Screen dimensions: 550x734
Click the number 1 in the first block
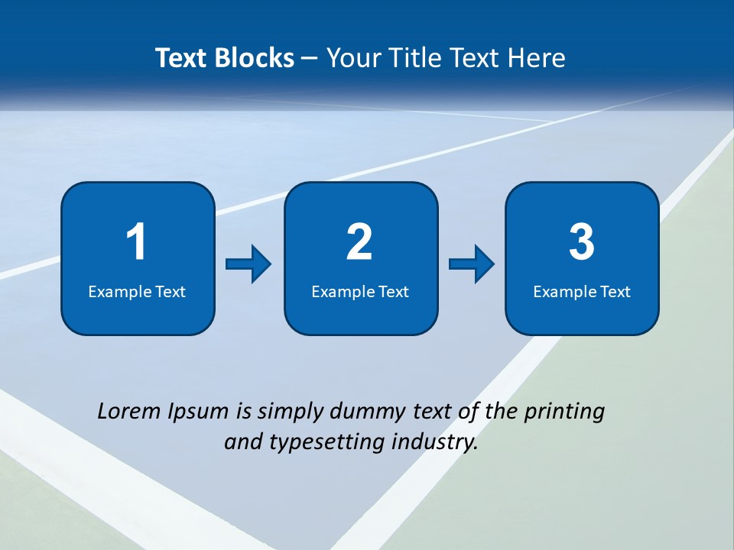click(x=136, y=242)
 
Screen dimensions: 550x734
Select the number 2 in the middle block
click(x=359, y=242)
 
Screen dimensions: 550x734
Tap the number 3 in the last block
click(x=582, y=242)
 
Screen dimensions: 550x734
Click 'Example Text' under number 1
click(x=137, y=292)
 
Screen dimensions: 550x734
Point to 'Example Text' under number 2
click(x=360, y=292)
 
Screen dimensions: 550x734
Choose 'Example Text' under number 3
click(x=582, y=292)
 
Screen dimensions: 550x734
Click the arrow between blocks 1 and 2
click(x=248, y=264)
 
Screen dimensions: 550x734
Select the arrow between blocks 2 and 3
click(x=472, y=264)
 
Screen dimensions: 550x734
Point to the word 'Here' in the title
click(x=539, y=58)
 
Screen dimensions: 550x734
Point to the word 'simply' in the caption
click(x=291, y=412)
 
